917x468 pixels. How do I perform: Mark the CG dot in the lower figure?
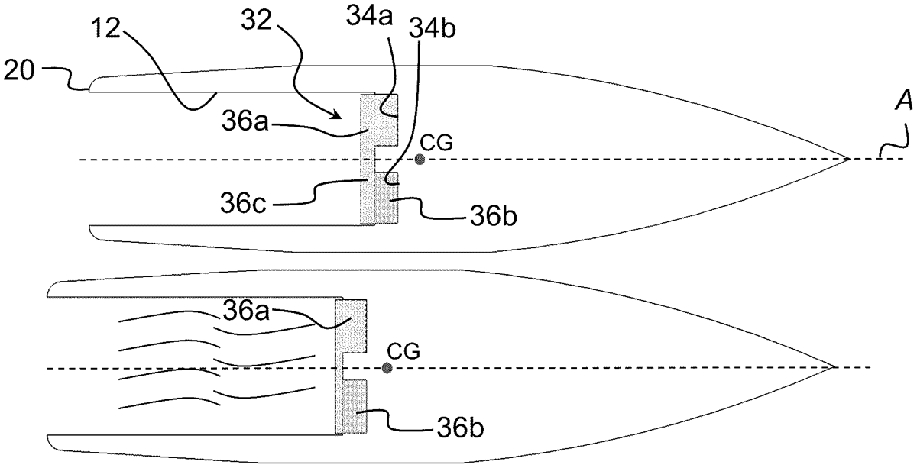(387, 368)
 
